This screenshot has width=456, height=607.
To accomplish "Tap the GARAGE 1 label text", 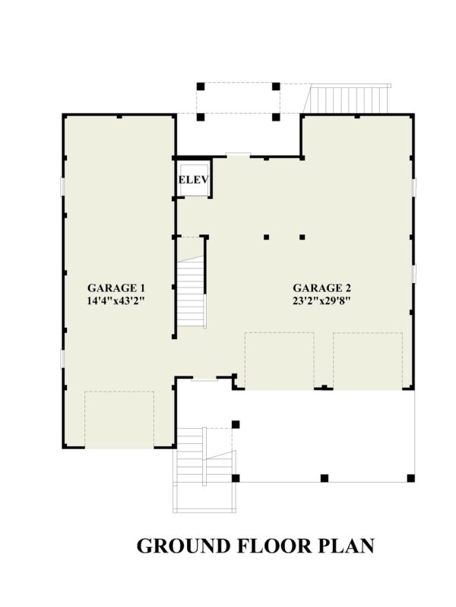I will point(116,288).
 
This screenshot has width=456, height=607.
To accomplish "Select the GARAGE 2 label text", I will point(321,288).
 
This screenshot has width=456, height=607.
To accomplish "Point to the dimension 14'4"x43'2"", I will point(116,300).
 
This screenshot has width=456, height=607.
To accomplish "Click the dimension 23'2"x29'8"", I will point(321,300).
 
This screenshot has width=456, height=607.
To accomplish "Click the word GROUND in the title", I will point(181,546).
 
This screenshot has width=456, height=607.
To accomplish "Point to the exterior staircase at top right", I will point(350,98).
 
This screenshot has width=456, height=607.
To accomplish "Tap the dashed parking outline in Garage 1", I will point(119,419).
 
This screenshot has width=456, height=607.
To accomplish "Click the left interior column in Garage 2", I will point(267,237).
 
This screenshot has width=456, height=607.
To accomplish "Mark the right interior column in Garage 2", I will point(302,237).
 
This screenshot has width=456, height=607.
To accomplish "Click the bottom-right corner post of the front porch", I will point(411,478).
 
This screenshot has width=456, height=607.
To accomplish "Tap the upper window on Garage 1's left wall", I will point(62,187).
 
